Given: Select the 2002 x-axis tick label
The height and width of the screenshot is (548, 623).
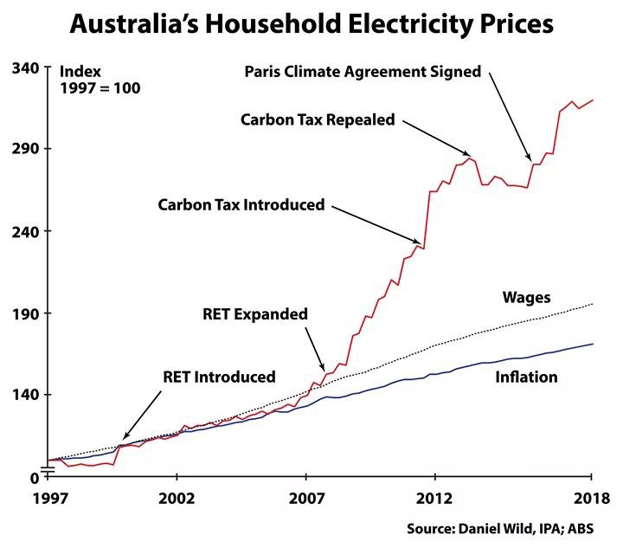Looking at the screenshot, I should (x=177, y=501).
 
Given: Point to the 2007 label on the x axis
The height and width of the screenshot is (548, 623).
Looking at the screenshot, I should (x=305, y=501).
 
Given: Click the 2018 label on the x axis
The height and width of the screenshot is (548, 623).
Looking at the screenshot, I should (x=591, y=501).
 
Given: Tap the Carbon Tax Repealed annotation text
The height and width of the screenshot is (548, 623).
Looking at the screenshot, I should (x=318, y=119).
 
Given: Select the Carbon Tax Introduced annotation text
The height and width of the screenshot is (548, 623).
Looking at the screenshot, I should (x=241, y=205).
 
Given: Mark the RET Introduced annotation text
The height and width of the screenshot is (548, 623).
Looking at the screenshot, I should (x=219, y=377).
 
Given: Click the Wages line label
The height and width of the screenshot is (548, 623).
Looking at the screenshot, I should (x=526, y=298).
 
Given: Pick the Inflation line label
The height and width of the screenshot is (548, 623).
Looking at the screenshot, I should (x=526, y=377).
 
